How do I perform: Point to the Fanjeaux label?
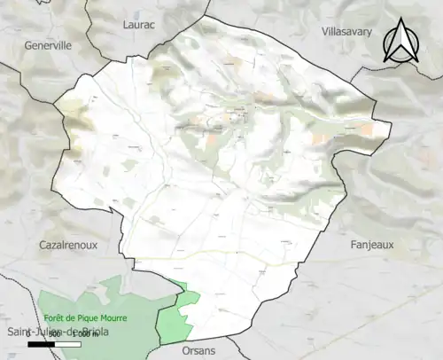pyautogui.click(x=371, y=244)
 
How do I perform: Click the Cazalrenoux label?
pyautogui.click(x=68, y=244)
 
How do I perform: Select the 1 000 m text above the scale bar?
pyautogui.click(x=85, y=333)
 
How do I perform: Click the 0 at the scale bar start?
pyautogui.click(x=28, y=333)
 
